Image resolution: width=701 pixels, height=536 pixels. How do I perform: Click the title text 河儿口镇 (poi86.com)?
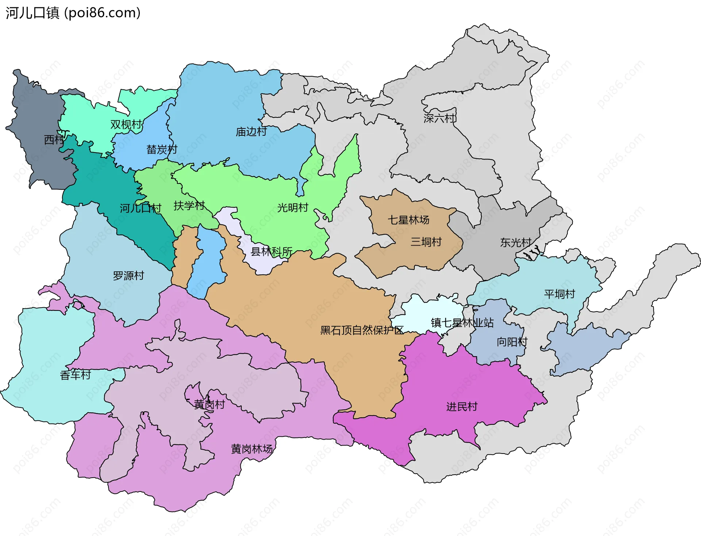pos(73,13)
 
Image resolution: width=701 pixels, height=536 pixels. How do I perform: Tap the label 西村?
pos(54,140)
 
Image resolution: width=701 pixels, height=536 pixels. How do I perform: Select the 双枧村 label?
pos(126,124)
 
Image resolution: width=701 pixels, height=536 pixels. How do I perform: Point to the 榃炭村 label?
pos(162,149)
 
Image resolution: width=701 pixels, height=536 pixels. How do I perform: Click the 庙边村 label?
pos(251,132)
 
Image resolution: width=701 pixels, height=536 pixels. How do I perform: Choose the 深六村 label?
pos(440,118)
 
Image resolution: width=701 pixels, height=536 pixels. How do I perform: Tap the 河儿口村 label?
pos(141,208)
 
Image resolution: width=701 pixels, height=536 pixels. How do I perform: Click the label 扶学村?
pos(189,206)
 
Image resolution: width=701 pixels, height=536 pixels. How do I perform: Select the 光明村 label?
pos(293,208)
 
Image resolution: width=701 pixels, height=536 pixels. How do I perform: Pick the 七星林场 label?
pos(408,220)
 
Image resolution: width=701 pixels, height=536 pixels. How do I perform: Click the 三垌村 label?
pos(426,242)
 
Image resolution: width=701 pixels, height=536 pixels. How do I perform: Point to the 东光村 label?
pos(516,243)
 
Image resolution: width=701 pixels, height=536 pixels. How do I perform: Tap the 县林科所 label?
pos(272,252)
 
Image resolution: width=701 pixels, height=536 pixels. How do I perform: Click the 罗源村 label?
pos(129,275)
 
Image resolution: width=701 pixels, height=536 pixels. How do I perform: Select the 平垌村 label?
pos(559,294)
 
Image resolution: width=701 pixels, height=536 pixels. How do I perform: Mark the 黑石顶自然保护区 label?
pos(361,330)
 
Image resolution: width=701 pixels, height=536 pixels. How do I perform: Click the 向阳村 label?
pos(512,342)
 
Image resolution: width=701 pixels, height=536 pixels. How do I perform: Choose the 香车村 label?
pos(75,375)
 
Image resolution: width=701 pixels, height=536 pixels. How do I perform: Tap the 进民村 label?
pos(462,406)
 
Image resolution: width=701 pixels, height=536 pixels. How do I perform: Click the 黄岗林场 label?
pos(252,449)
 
